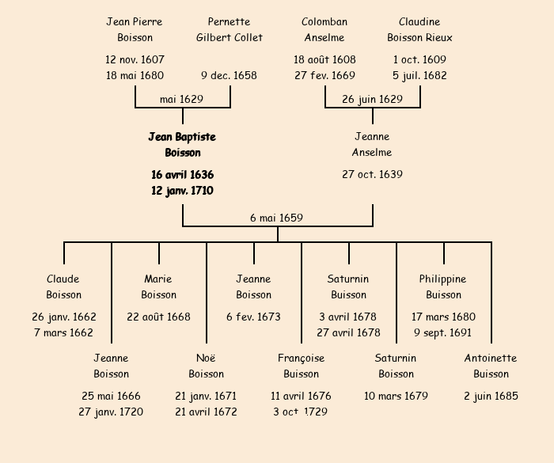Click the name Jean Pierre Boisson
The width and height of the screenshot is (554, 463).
(x=135, y=29)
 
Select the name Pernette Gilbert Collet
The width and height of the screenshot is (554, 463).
(x=230, y=29)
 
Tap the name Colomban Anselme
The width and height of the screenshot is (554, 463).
(x=324, y=29)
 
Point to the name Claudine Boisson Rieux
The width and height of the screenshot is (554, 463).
(x=419, y=29)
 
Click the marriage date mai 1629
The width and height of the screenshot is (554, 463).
(x=182, y=99)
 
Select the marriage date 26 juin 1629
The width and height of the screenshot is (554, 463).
(x=372, y=99)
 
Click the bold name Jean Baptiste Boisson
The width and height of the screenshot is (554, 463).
(x=182, y=145)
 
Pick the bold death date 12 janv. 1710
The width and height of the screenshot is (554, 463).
(x=182, y=191)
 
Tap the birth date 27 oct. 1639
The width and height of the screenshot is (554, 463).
(x=372, y=174)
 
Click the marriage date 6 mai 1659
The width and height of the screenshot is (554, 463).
(x=276, y=218)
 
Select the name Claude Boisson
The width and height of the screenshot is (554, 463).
(x=63, y=287)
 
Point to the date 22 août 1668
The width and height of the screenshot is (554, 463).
(x=158, y=317)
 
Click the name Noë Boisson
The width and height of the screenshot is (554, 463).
(x=206, y=366)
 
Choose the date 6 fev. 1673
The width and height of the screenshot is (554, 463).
(x=253, y=317)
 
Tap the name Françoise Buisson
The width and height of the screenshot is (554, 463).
(x=301, y=366)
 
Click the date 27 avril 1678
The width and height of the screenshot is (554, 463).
(x=348, y=332)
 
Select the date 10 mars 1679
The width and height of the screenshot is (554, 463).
(x=396, y=396)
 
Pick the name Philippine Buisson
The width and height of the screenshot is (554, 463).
(x=443, y=287)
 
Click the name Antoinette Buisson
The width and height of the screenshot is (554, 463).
(x=491, y=366)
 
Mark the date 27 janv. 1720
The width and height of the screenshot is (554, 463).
(x=111, y=412)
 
